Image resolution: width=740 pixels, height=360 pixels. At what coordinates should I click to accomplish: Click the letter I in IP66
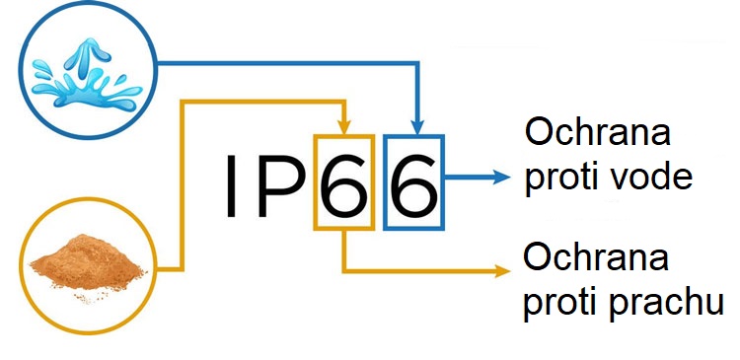[x=229, y=184]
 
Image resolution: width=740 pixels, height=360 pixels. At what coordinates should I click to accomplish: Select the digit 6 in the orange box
[x=343, y=184]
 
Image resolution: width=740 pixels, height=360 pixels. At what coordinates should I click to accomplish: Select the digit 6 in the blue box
[x=413, y=184]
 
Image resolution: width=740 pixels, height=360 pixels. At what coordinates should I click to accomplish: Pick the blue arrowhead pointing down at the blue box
[x=418, y=125]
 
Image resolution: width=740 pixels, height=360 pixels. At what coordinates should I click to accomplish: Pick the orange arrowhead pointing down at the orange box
[x=343, y=125]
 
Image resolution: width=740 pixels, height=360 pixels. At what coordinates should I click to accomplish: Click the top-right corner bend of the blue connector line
[x=418, y=64]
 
